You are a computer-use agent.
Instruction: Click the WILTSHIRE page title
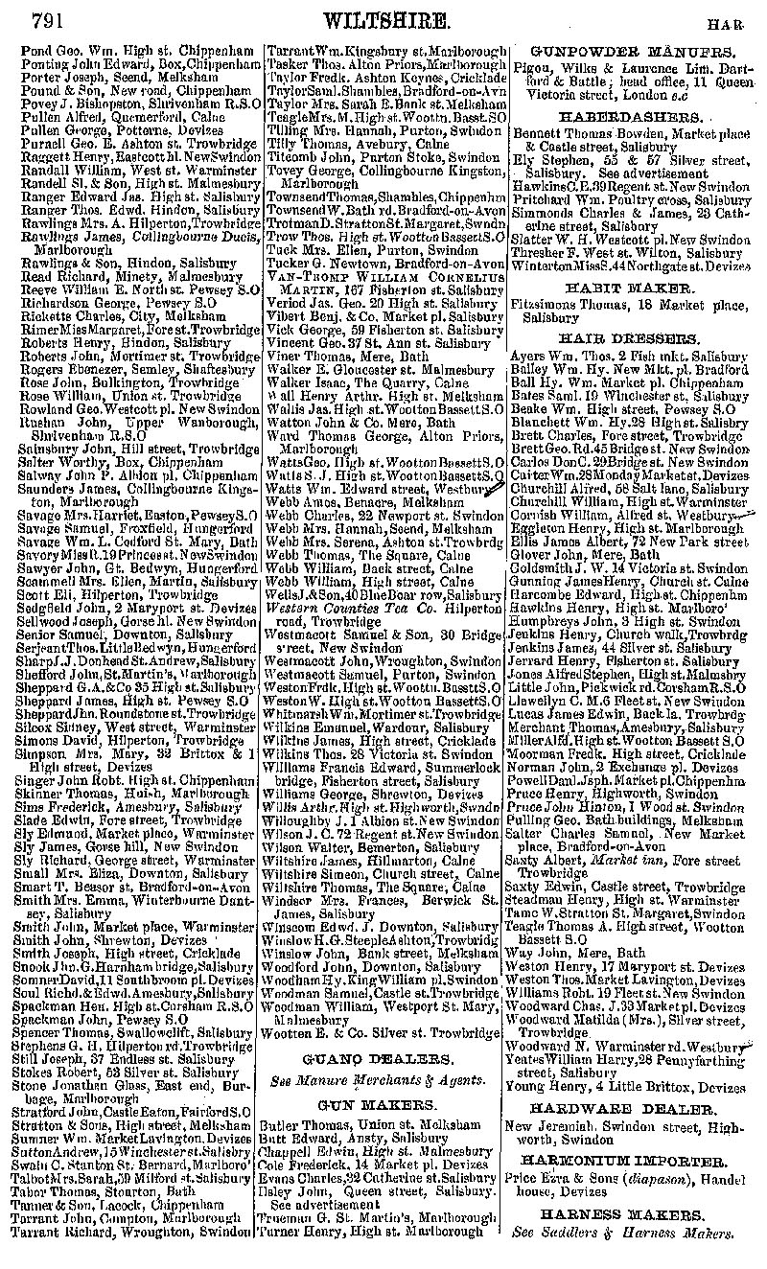(387, 19)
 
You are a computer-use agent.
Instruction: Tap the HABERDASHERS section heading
(633, 115)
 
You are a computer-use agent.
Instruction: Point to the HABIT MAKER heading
(633, 287)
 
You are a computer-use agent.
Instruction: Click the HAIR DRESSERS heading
(633, 338)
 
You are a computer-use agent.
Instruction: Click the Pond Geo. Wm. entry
(134, 50)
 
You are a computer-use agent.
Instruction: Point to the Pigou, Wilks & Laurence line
(633, 70)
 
